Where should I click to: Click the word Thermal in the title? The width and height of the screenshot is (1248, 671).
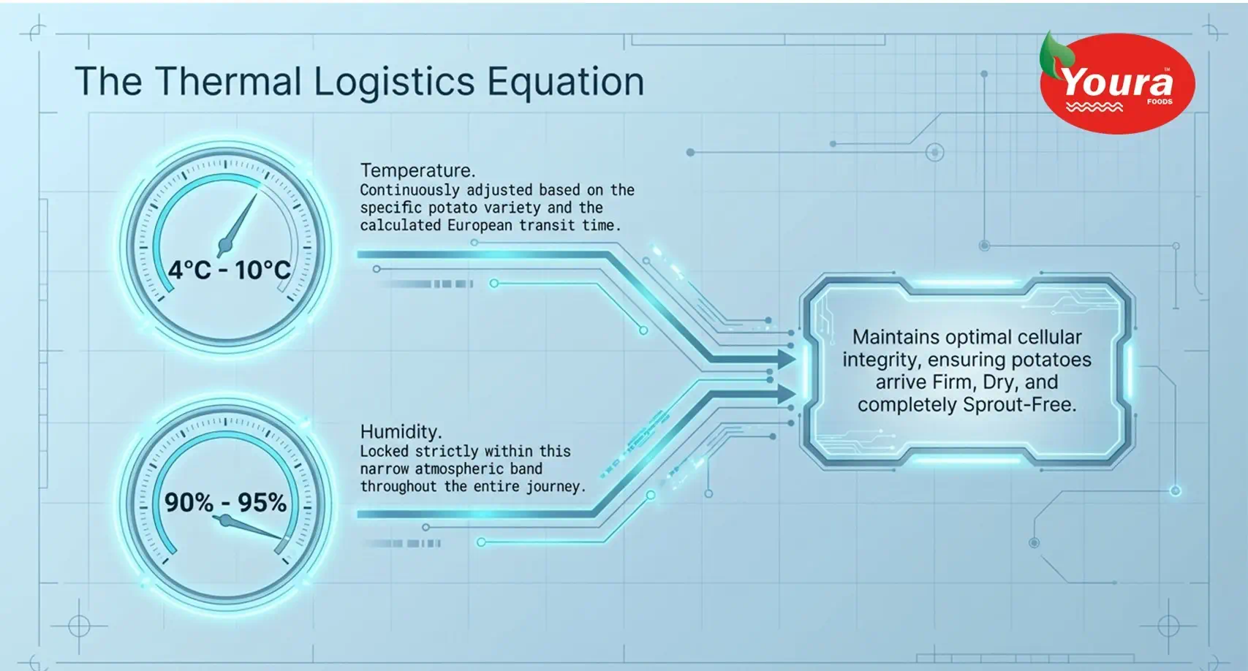click(x=228, y=81)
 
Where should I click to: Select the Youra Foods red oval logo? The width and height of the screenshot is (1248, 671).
click(x=1117, y=83)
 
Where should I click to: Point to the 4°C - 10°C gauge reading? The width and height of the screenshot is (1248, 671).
click(x=229, y=270)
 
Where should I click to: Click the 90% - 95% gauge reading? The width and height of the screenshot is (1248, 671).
click(x=226, y=502)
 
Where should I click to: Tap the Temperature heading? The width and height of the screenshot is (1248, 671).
click(x=417, y=170)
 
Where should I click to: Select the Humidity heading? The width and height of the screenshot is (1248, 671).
click(x=401, y=431)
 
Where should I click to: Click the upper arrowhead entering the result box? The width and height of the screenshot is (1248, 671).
click(x=786, y=359)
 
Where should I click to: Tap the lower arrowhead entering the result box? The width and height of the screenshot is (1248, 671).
click(x=786, y=394)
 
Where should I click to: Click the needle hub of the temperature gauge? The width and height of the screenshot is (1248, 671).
click(x=225, y=245)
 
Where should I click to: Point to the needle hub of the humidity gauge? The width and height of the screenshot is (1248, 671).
click(x=226, y=520)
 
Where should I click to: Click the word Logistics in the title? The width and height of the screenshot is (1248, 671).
click(x=394, y=81)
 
